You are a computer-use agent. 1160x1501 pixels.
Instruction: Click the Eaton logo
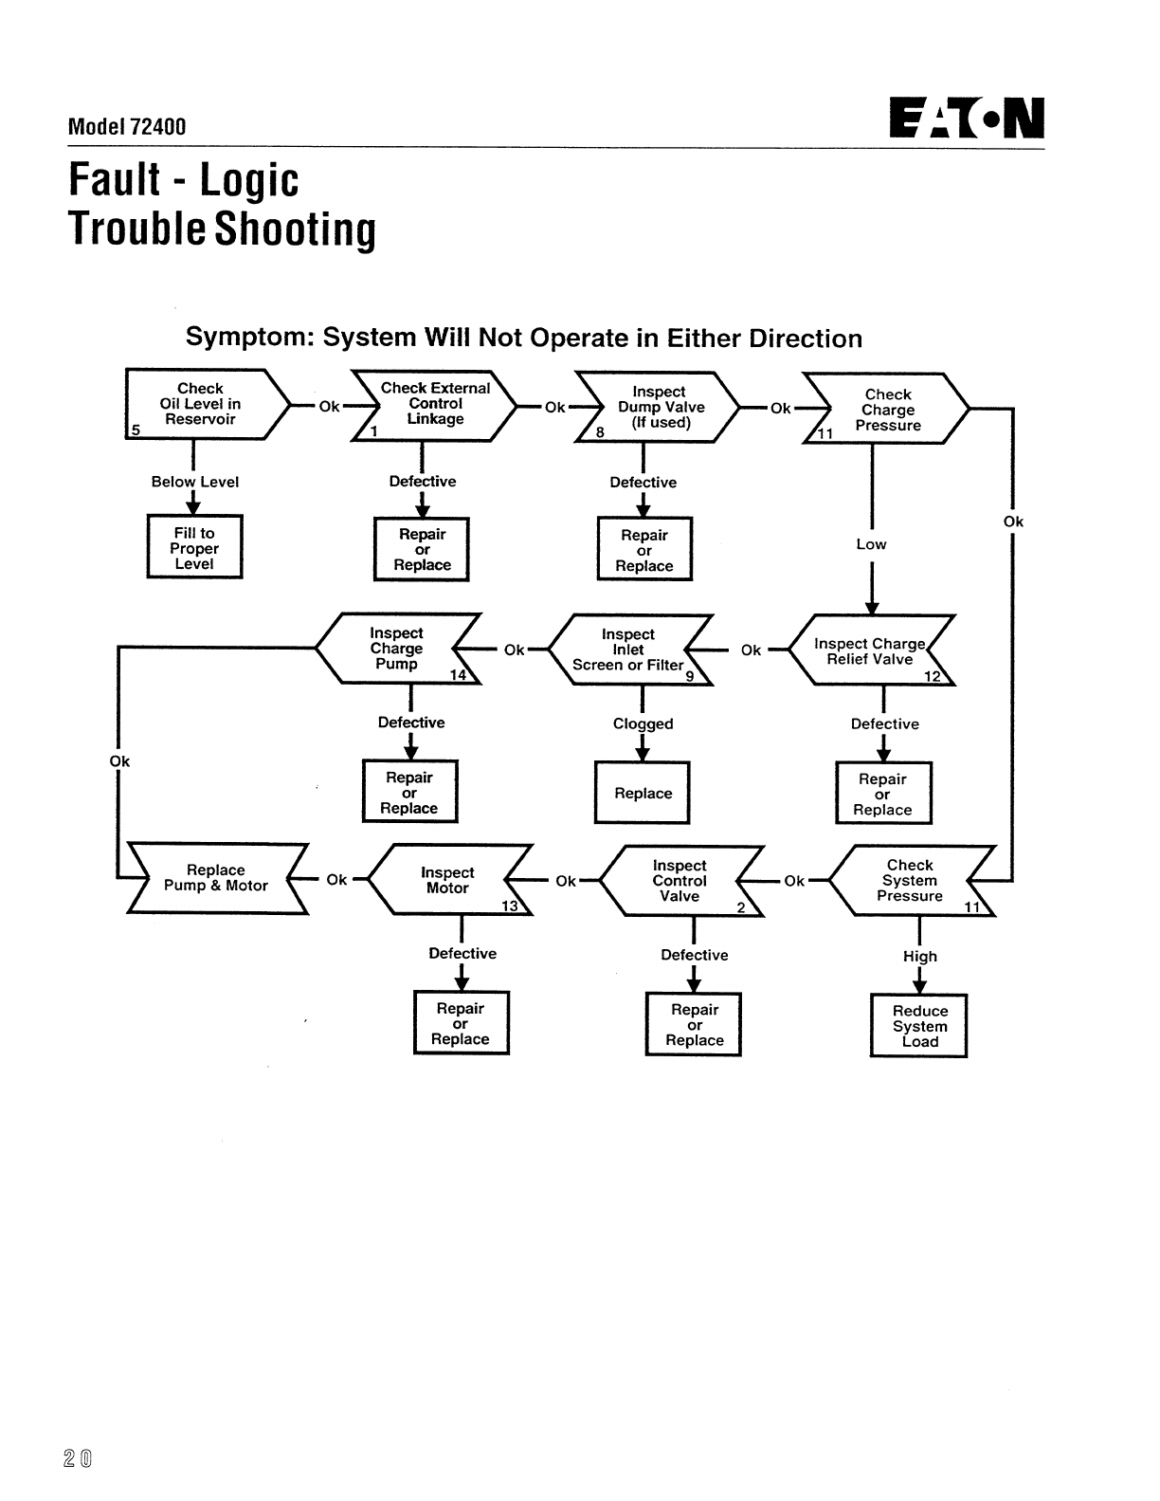[967, 119]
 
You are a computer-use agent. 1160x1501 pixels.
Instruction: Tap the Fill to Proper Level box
[194, 548]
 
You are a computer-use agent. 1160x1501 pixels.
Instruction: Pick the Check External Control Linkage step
[435, 405]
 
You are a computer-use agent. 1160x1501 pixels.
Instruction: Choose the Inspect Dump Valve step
[660, 408]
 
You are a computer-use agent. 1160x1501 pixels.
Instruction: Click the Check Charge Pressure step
[888, 410]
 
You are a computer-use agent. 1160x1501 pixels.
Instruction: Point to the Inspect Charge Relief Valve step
[870, 651]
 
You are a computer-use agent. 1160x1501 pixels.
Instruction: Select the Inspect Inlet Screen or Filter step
[628, 650]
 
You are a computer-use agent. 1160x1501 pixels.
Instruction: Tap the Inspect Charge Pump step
[397, 649]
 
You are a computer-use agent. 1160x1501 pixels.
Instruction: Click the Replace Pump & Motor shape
[216, 878]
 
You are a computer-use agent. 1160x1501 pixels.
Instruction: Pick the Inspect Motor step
[448, 880]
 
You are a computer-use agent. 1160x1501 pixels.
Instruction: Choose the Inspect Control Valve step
[680, 881]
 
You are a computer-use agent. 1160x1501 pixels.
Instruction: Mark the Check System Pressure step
[910, 881]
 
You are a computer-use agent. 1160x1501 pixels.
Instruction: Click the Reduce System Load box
[919, 1026]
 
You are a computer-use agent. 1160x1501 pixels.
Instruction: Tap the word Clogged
[643, 723]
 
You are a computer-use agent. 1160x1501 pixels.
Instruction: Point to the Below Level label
[195, 482]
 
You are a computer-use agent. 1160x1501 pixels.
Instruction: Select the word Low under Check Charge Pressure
[871, 544]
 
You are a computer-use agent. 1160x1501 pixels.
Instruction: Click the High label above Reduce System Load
[919, 956]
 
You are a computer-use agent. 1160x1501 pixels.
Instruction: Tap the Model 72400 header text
[127, 126]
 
